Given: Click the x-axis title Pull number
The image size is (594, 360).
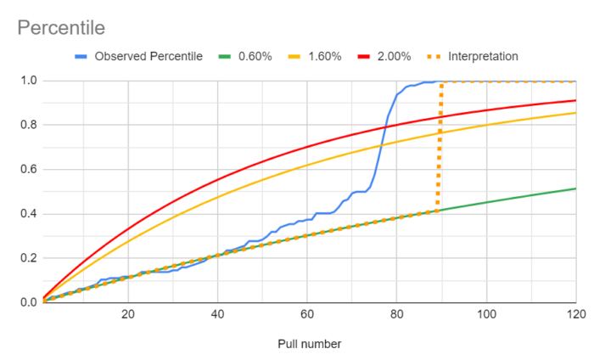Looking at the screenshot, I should (x=310, y=343).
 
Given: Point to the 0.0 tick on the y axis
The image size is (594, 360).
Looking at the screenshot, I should (x=26, y=302).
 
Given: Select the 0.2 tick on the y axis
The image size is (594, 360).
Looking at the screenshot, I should (x=26, y=258).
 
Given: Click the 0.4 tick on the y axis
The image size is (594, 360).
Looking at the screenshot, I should (x=26, y=214).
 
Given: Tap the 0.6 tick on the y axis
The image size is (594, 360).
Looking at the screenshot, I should (x=26, y=170).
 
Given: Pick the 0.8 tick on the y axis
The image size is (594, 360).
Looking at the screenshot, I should (x=26, y=126).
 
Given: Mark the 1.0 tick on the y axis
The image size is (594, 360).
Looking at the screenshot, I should (x=26, y=82).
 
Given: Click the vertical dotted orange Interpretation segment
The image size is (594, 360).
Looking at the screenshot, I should (x=440, y=144).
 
